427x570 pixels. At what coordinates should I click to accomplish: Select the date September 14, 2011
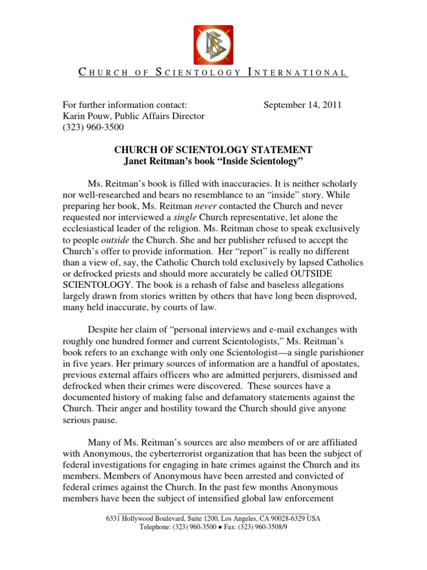pos(302,105)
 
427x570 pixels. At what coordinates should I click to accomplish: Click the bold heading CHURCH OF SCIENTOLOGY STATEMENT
pos(213,150)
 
